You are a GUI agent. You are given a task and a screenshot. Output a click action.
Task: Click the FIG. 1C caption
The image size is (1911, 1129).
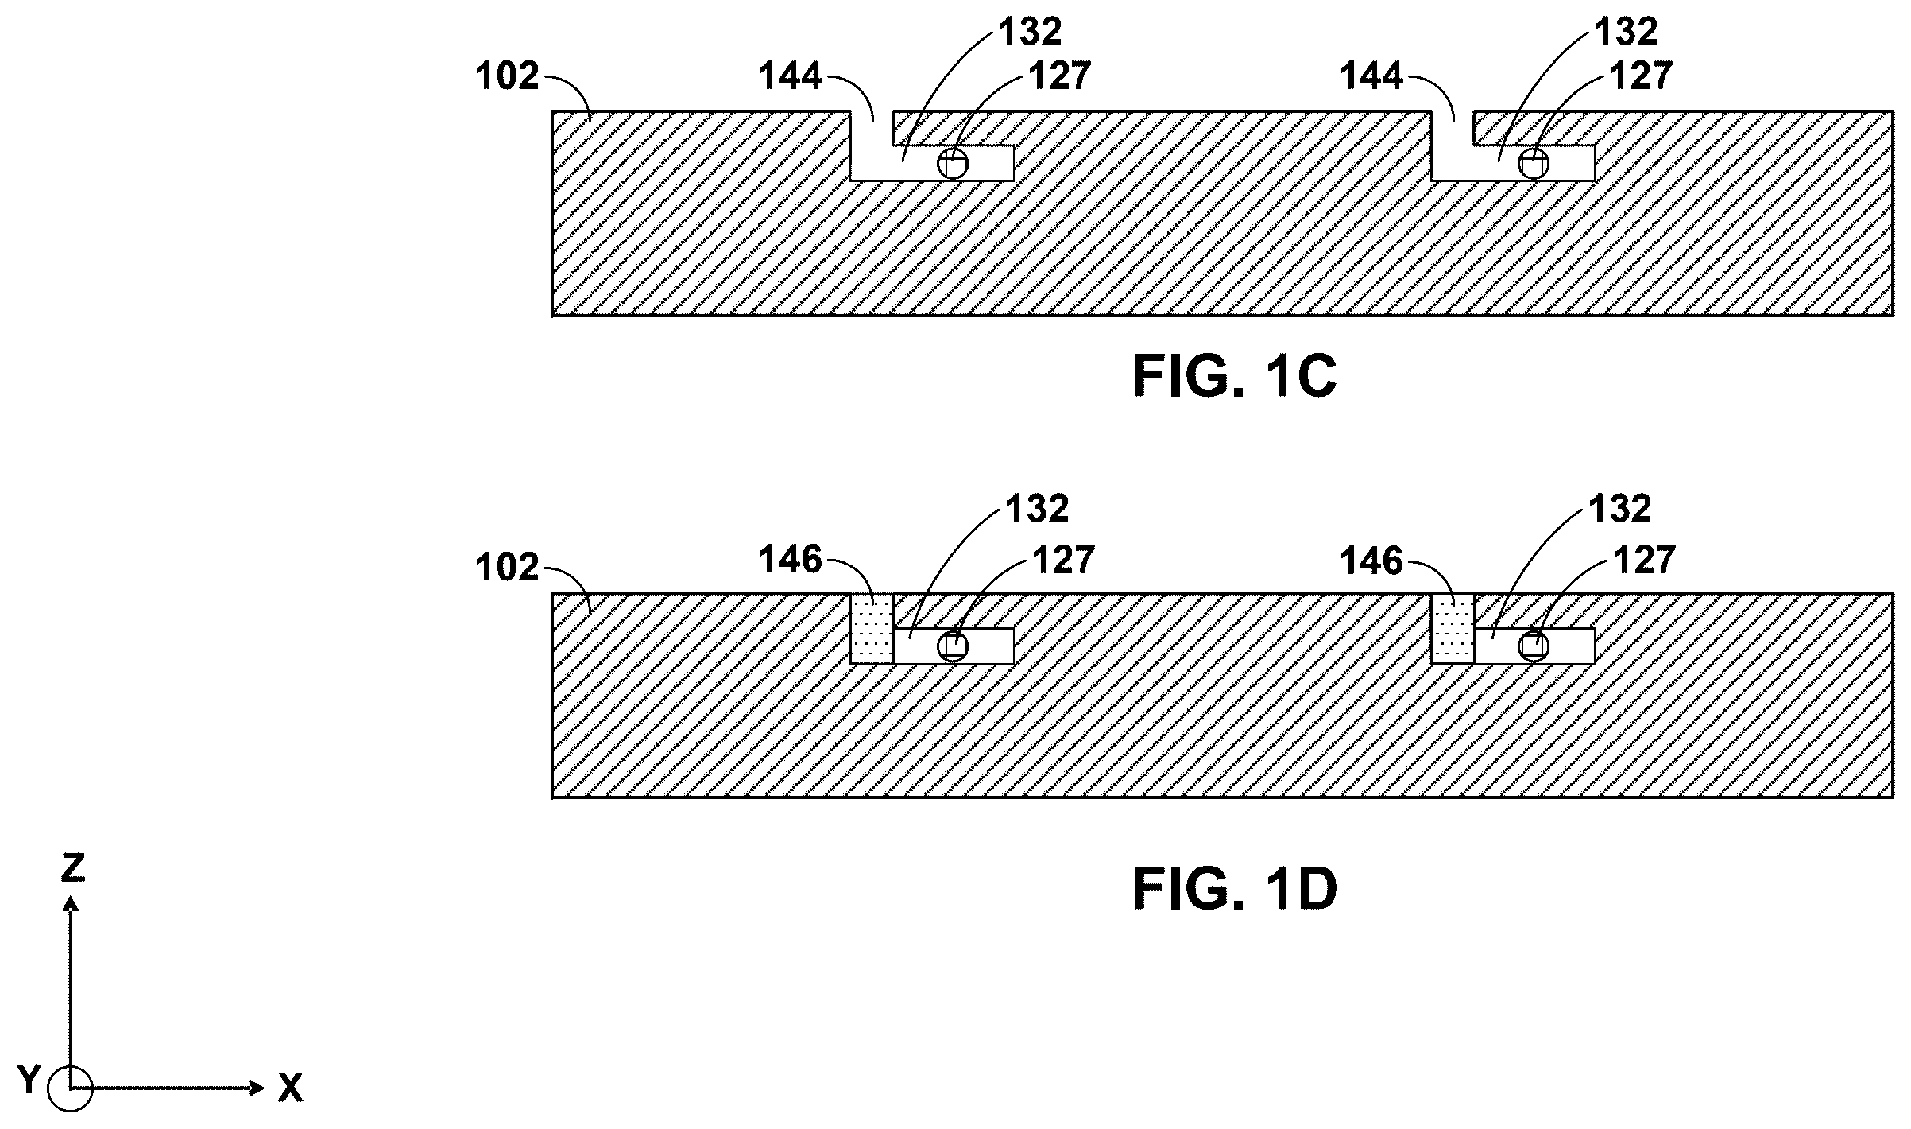pyautogui.click(x=1235, y=376)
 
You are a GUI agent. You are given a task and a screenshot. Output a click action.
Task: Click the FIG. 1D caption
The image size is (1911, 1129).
pyautogui.click(x=1235, y=889)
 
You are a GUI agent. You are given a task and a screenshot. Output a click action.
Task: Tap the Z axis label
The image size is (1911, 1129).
pyautogui.click(x=73, y=869)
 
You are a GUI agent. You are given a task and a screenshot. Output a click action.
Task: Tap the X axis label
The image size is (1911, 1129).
pyautogui.click(x=291, y=1088)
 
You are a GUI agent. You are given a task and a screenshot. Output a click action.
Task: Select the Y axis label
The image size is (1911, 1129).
pyautogui.click(x=29, y=1081)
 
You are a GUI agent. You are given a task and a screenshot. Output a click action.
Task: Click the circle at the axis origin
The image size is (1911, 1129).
pyautogui.click(x=70, y=1088)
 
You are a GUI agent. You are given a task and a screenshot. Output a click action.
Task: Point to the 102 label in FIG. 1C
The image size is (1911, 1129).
pyautogui.click(x=507, y=76)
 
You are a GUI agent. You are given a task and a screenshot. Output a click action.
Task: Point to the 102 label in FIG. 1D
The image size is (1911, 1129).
pyautogui.click(x=507, y=568)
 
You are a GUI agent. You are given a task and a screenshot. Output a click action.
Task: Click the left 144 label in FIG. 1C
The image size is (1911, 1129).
pyautogui.click(x=790, y=76)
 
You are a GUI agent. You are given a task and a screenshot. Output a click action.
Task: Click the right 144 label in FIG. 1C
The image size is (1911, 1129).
pyautogui.click(x=1371, y=76)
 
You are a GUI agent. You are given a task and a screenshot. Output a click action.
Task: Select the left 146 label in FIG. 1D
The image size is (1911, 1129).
pyautogui.click(x=790, y=560)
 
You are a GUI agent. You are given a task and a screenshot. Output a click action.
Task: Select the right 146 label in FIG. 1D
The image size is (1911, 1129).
pyautogui.click(x=1372, y=561)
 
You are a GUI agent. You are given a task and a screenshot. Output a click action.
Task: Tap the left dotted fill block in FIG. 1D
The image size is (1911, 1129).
pyautogui.click(x=872, y=628)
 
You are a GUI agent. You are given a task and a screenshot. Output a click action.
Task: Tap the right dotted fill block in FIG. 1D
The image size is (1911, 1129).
pyautogui.click(x=1453, y=628)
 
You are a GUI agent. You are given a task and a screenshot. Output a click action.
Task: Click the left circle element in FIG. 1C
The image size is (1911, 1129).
pyautogui.click(x=953, y=164)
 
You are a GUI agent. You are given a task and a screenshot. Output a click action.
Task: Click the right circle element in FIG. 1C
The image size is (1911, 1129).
pyautogui.click(x=1534, y=164)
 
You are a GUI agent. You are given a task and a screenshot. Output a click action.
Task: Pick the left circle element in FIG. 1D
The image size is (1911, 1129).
pyautogui.click(x=953, y=646)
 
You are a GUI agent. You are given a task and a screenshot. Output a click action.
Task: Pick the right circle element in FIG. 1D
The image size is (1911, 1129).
pyautogui.click(x=1534, y=646)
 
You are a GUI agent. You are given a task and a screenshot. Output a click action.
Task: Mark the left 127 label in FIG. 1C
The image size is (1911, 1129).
pyautogui.click(x=1060, y=76)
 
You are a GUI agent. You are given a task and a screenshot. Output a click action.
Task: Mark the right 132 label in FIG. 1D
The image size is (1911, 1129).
pyautogui.click(x=1620, y=509)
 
